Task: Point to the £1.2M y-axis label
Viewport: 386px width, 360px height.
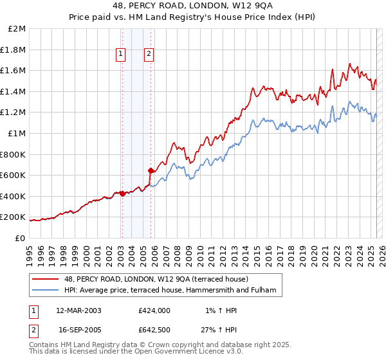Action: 14,113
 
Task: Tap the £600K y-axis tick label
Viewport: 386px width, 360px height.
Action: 14,175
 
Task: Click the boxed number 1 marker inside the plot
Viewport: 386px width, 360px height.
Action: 121,55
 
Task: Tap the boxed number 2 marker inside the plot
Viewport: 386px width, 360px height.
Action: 149,55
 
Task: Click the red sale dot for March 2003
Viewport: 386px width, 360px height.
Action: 122,194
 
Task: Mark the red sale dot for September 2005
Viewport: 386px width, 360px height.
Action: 151,171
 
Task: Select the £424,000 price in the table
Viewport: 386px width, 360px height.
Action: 154,310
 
